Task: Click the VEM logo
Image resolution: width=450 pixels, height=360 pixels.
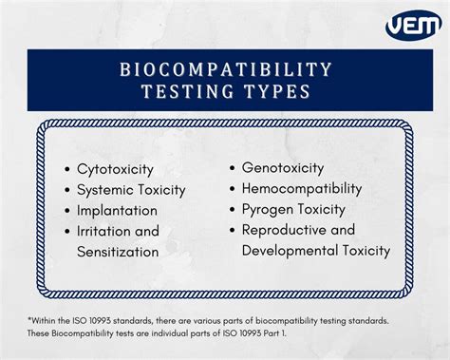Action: (412, 26)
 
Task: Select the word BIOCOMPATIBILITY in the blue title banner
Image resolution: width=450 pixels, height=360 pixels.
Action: (226, 69)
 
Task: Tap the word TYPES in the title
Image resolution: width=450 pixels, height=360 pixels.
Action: (274, 91)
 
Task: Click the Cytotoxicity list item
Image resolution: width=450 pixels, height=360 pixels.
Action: (116, 169)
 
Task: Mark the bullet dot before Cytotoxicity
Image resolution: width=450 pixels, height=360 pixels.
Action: (67, 169)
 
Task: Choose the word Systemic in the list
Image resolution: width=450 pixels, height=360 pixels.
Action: (105, 190)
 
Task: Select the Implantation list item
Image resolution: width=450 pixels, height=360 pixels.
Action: (118, 211)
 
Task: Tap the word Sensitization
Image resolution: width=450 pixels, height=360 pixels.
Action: (120, 252)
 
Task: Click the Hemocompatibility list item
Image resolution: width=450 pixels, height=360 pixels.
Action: (302, 188)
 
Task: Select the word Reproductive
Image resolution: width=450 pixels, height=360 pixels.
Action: (285, 230)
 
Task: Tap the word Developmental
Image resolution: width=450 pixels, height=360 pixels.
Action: (290, 251)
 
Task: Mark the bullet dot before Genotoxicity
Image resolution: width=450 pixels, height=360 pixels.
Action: (233, 167)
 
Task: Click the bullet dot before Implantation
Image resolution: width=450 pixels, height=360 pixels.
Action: (67, 211)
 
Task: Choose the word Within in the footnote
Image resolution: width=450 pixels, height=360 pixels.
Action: (46, 321)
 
